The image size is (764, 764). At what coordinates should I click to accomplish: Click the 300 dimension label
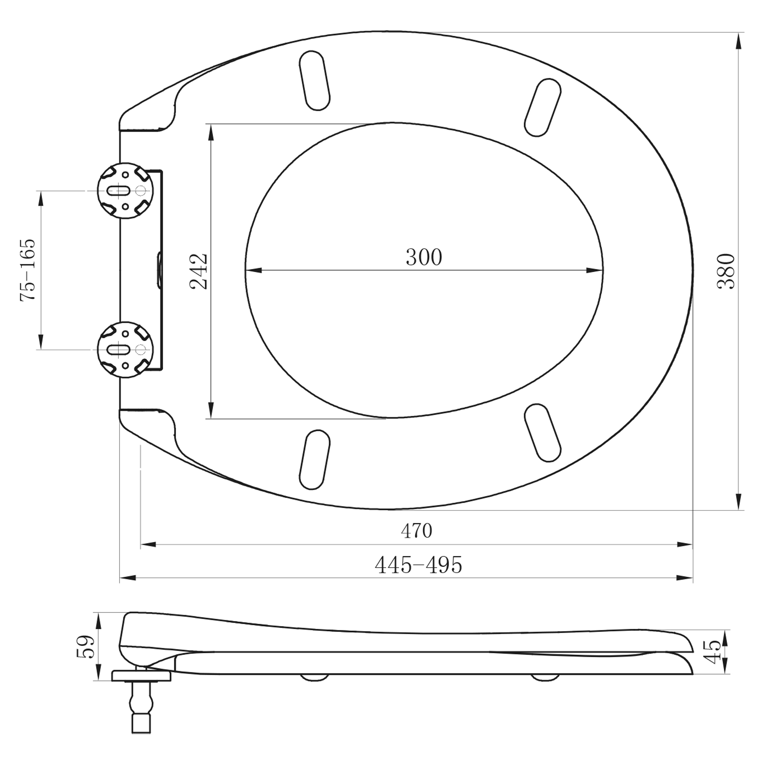click(424, 257)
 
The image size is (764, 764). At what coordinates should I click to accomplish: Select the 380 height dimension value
click(726, 271)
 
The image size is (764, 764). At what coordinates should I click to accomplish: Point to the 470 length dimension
click(416, 531)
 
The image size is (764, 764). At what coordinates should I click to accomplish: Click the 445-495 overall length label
click(418, 565)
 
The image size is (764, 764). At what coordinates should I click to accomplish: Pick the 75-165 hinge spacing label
click(28, 270)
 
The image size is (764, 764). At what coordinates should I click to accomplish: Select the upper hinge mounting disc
click(125, 191)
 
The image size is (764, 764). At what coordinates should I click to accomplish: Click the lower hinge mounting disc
click(125, 350)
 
